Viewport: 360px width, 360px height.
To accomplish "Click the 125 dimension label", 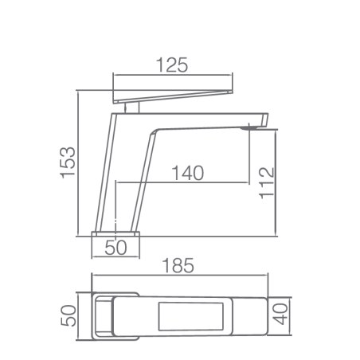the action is (172, 65).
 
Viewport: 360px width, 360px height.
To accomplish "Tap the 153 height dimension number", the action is (68, 162).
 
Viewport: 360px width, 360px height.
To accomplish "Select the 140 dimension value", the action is (188, 173).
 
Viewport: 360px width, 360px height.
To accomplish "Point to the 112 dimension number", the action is (266, 183).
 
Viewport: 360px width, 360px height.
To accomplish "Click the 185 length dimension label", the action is (178, 265).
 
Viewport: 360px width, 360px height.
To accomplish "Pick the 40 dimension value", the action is (280, 315).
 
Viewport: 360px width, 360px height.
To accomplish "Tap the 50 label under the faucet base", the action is (115, 248).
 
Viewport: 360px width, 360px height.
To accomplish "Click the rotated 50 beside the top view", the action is (68, 315).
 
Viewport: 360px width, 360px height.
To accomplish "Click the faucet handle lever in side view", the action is (173, 96).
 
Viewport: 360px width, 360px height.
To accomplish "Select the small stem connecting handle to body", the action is (132, 108).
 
